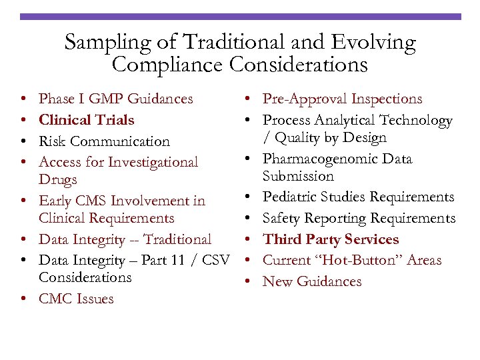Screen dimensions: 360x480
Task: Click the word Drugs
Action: point(58,179)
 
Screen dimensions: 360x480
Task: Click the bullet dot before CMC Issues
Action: point(23,299)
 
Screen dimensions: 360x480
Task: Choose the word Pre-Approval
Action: point(303,99)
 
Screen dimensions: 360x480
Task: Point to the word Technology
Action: point(415,120)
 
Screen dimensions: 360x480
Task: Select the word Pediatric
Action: point(291,197)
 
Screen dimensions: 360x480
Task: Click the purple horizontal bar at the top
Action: point(240,16)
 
